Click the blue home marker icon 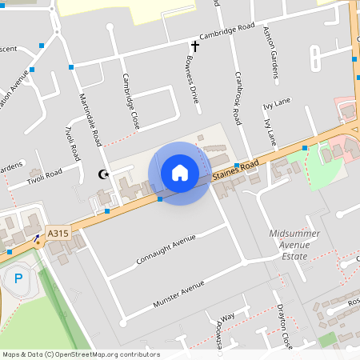(180, 173)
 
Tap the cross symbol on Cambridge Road (194, 46)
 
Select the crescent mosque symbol (102, 174)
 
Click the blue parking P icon (18, 279)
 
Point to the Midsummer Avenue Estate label (289, 245)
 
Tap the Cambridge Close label (130, 102)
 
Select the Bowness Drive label (191, 79)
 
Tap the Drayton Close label (285, 328)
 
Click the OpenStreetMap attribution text (81, 354)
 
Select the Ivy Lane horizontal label (276, 105)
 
